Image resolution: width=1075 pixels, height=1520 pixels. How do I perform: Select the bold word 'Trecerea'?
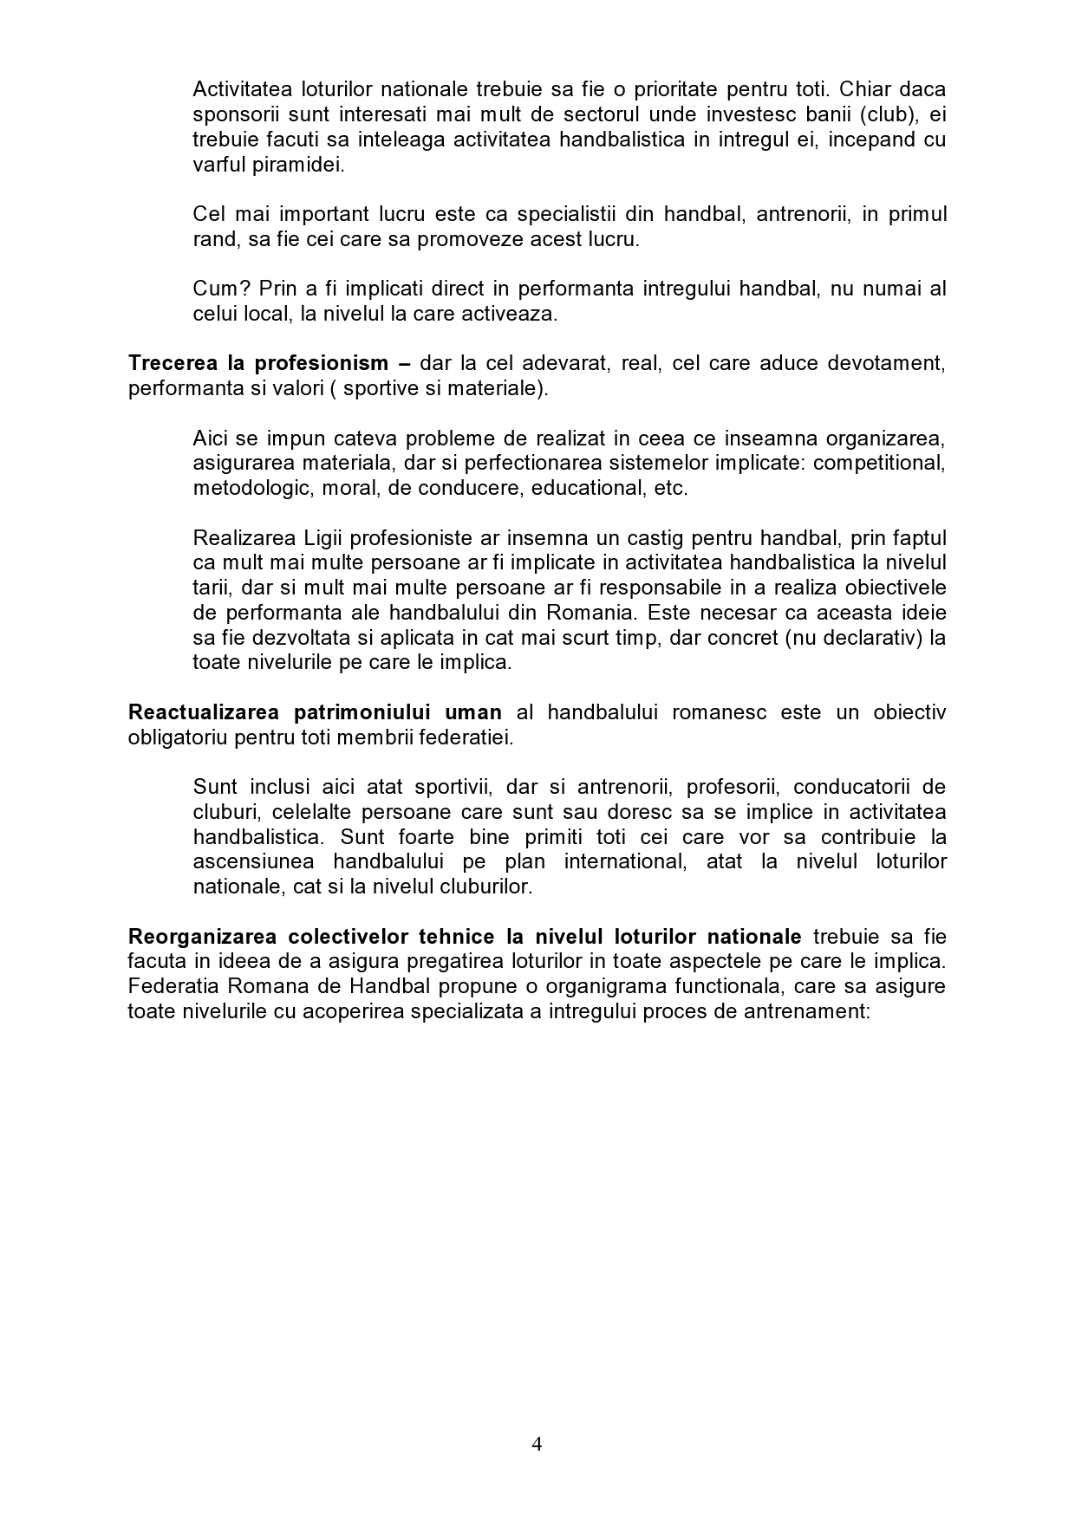pos(170,363)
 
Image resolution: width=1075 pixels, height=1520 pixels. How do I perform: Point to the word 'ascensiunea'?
pos(248,862)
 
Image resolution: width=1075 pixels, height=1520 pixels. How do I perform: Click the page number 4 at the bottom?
pos(537,1444)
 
